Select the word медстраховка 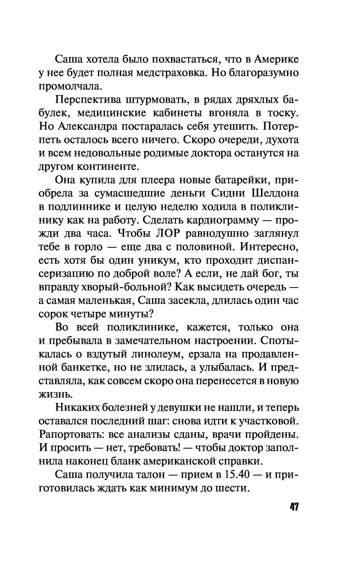171,73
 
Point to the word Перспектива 87,100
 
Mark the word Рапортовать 67,435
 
